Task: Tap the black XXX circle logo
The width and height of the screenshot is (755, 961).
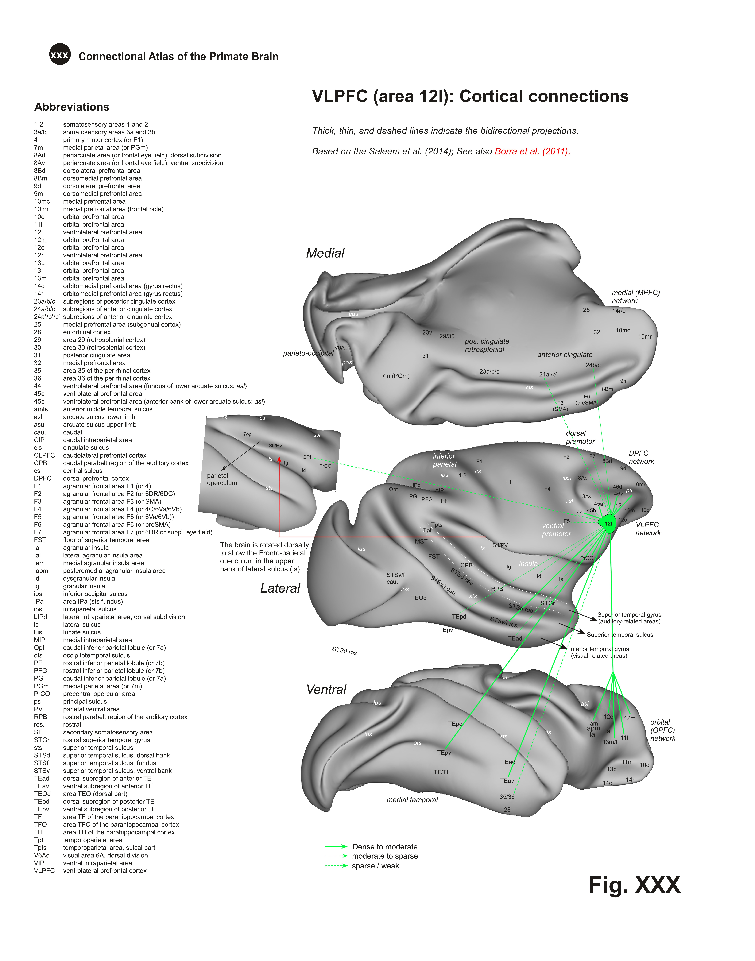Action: pos(60,55)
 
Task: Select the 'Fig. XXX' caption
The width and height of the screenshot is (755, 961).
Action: pos(634,885)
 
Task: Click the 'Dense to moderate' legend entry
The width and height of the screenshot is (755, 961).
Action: pos(385,846)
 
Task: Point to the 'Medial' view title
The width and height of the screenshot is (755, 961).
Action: pos(325,253)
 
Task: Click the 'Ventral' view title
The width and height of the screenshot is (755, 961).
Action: pos(326,690)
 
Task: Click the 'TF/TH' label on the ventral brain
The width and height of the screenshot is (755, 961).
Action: pos(442,772)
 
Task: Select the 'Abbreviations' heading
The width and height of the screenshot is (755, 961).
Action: pos(72,107)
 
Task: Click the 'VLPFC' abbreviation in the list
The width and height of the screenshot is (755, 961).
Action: pos(44,871)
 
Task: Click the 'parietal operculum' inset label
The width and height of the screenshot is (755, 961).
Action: pos(222,479)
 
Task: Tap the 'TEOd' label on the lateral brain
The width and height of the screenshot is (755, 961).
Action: pos(419,598)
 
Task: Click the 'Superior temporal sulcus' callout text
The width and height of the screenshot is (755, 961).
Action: pos(620,635)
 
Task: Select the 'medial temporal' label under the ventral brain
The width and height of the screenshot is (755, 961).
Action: pos(412,800)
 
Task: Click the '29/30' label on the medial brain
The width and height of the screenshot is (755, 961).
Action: pos(447,336)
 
